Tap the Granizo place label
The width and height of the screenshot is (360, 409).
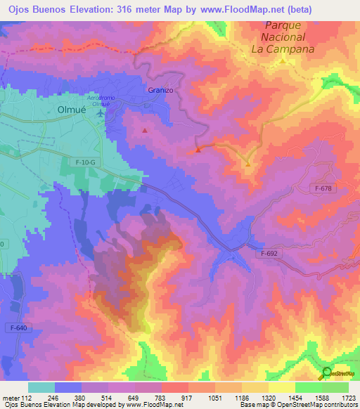(160, 90)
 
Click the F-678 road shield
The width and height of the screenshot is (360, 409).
(323, 188)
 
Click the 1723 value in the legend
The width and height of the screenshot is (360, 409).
(349, 397)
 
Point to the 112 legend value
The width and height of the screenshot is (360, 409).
(28, 397)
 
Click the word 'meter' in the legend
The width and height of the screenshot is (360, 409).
(11, 397)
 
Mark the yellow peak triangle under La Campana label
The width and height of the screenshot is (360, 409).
(283, 60)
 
